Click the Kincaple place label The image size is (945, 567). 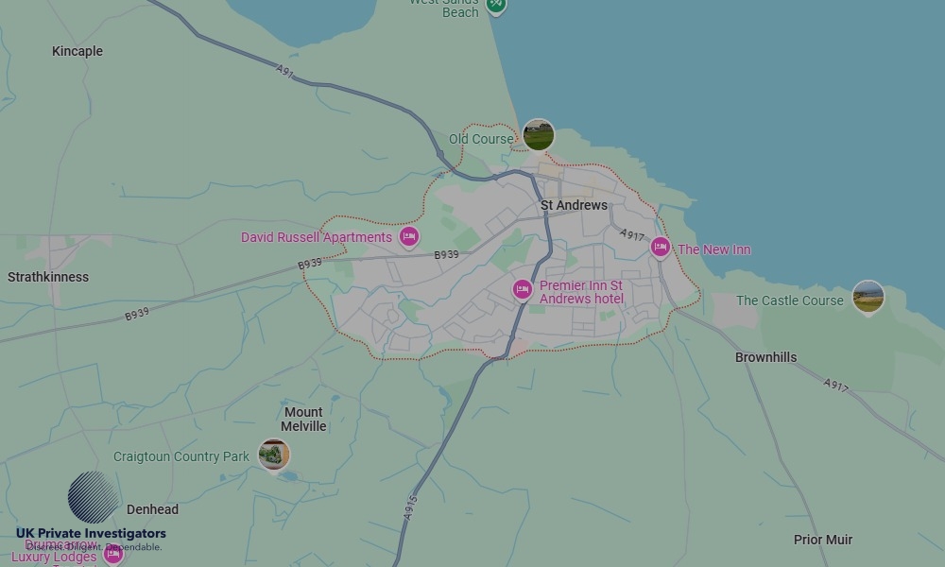[77, 51]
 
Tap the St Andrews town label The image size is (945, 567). [574, 205]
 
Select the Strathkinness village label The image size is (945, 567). [48, 277]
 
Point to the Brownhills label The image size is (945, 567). [765, 357]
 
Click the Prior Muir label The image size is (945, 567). [822, 540]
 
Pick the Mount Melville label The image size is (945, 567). [303, 419]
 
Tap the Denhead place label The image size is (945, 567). [152, 509]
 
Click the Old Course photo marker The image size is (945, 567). [538, 135]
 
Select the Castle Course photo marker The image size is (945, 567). [868, 297]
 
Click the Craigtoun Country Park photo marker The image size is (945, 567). [274, 455]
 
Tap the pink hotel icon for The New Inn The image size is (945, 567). [661, 248]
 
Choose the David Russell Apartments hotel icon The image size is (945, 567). [408, 236]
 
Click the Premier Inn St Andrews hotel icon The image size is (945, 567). [523, 289]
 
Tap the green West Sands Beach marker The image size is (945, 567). [495, 7]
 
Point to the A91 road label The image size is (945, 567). [285, 71]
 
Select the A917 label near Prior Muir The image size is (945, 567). [835, 386]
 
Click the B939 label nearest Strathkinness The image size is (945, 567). [137, 314]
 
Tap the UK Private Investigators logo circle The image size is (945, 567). [93, 497]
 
